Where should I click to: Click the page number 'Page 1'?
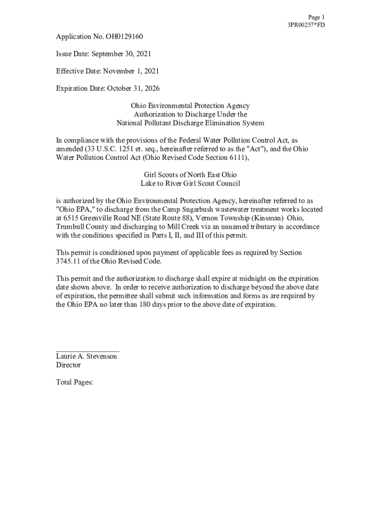click(316, 17)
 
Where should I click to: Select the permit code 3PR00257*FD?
click(306, 25)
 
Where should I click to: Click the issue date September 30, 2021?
click(125, 54)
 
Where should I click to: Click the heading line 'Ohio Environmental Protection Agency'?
click(190, 106)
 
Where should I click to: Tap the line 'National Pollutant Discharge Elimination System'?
click(190, 123)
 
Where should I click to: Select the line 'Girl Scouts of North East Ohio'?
click(190, 175)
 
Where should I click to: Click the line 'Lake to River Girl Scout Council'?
click(190, 183)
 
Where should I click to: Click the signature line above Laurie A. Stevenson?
click(88, 351)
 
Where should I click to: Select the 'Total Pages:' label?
click(75, 382)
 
